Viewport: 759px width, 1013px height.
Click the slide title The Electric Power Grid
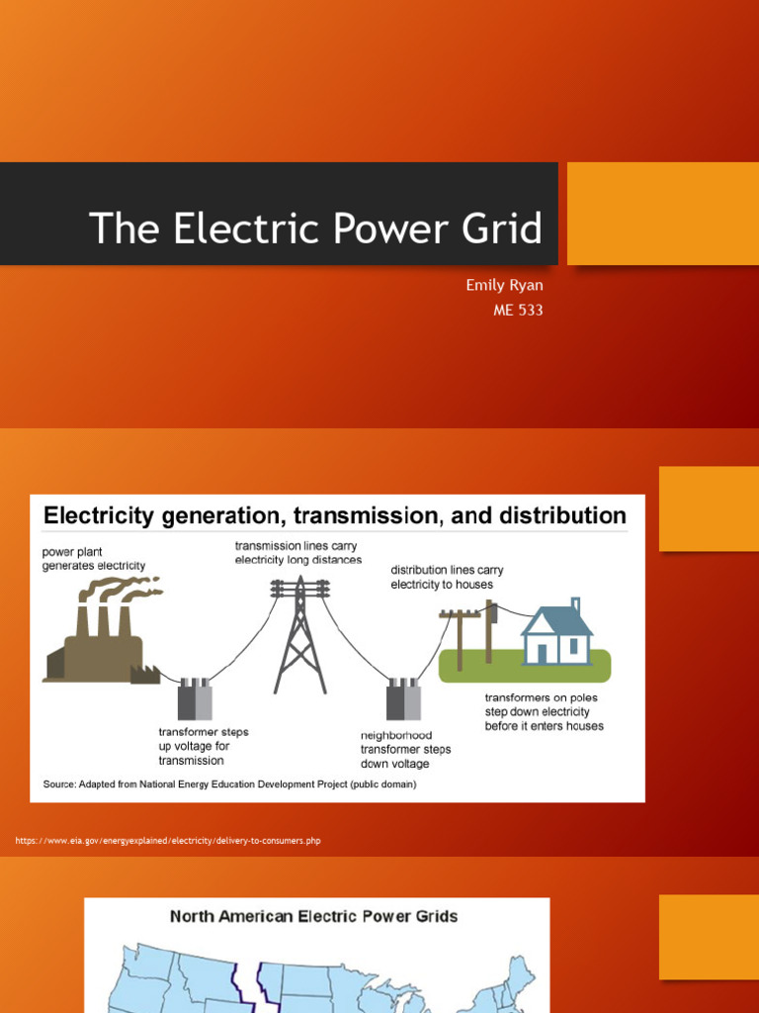[x=315, y=229]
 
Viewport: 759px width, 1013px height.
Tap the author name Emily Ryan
[x=504, y=285]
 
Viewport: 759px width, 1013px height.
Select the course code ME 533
[x=518, y=311]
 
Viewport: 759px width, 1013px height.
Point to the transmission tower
[x=300, y=633]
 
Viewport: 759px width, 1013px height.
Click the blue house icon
[x=556, y=633]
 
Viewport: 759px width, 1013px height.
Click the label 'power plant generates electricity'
[x=93, y=558]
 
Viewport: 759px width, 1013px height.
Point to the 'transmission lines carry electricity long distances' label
[x=297, y=552]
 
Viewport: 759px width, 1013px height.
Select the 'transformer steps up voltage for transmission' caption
[x=203, y=746]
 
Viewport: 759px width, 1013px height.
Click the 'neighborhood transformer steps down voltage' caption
[x=404, y=749]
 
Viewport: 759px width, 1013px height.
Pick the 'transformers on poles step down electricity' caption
[x=544, y=711]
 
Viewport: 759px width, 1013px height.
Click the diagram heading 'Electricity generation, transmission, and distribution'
[x=335, y=515]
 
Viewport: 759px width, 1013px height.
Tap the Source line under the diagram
[x=229, y=784]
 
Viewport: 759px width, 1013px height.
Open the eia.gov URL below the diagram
[x=168, y=841]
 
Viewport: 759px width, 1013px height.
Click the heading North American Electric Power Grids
[x=313, y=916]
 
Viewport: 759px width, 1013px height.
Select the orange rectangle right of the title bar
[x=662, y=214]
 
